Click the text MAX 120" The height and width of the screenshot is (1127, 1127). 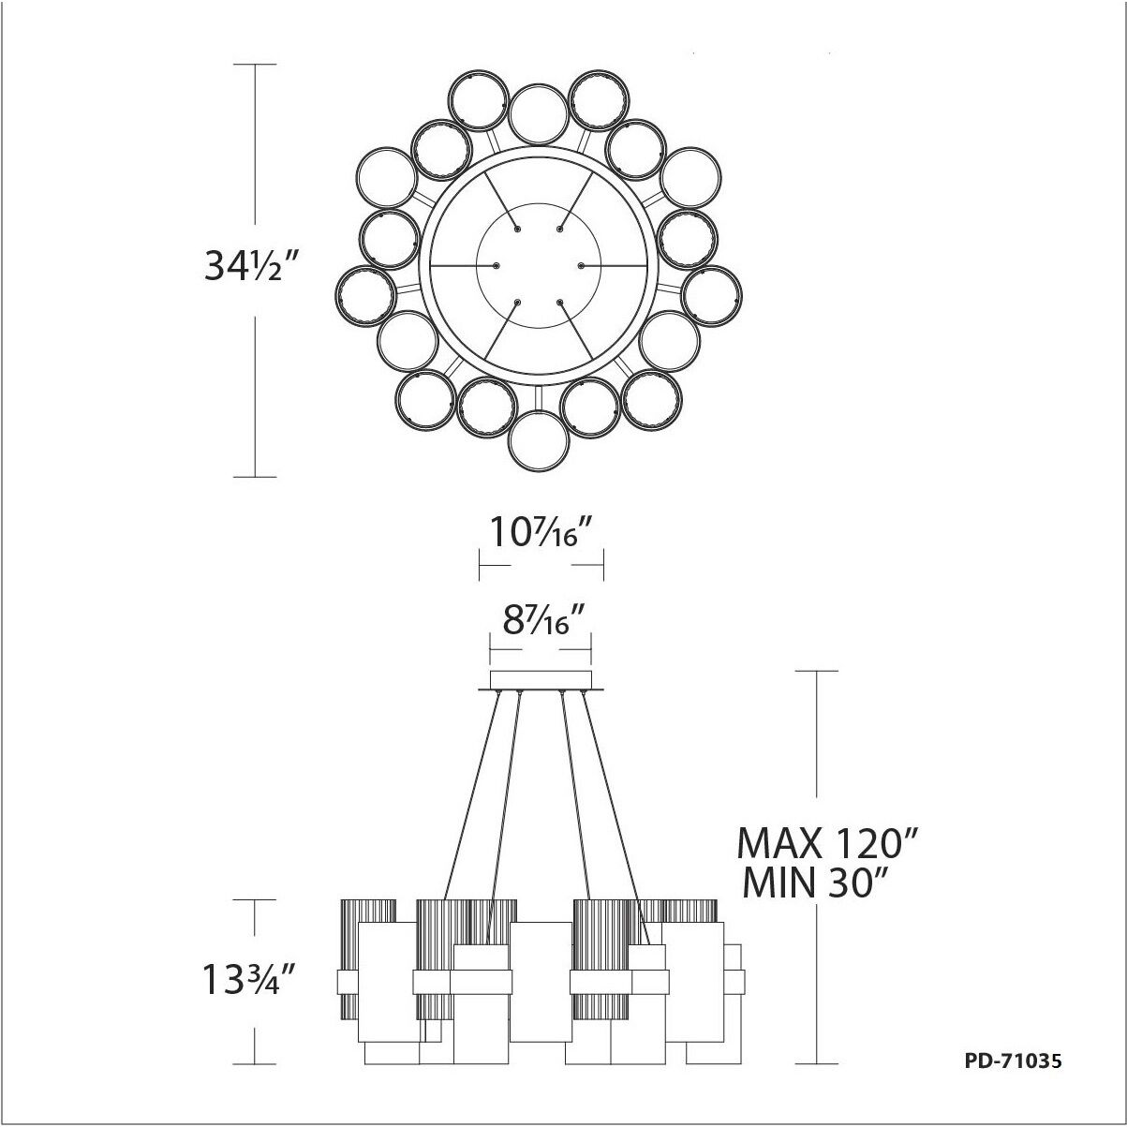(x=824, y=843)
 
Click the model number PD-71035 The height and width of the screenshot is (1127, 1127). (x=1012, y=1061)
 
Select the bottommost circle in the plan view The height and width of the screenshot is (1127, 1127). (x=541, y=437)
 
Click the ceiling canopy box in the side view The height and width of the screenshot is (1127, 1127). (x=541, y=679)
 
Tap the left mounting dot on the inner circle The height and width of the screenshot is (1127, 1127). (x=497, y=266)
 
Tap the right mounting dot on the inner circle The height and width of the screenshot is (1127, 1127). (x=581, y=266)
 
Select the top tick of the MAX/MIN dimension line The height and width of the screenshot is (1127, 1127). (x=815, y=671)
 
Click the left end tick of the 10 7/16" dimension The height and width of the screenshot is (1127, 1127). (x=480, y=566)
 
